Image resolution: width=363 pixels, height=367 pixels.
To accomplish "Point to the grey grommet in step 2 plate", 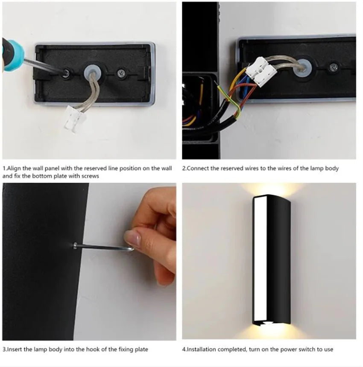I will (304, 64).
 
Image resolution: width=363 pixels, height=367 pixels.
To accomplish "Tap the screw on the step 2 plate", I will (334, 67).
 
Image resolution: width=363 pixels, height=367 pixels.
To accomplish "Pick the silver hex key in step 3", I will (102, 247).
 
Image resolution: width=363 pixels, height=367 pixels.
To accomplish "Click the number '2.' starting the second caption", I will (184, 168).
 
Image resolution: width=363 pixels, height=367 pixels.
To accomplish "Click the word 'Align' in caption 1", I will (13, 168).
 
